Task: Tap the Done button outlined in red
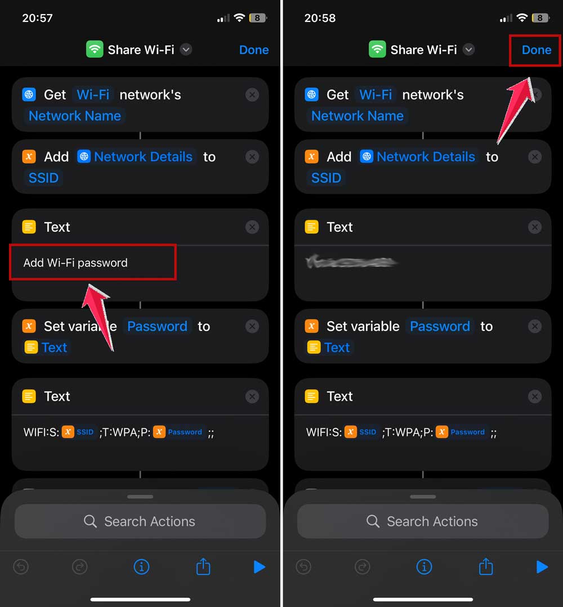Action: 536,50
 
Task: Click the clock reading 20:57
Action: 37,18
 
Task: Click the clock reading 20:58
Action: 320,18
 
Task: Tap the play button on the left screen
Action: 259,567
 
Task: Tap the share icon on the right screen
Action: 485,567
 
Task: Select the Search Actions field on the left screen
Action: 140,521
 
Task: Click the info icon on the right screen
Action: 424,567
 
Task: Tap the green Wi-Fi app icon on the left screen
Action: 94,50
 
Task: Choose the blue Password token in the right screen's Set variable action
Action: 440,326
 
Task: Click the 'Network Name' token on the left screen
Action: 75,116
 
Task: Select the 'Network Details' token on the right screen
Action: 426,157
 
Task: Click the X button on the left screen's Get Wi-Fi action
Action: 252,95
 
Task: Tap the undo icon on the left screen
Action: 21,567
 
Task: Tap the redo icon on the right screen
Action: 362,567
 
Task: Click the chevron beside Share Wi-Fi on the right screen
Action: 468,50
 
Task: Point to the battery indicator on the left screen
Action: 258,18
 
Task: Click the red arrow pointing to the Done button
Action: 515,110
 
